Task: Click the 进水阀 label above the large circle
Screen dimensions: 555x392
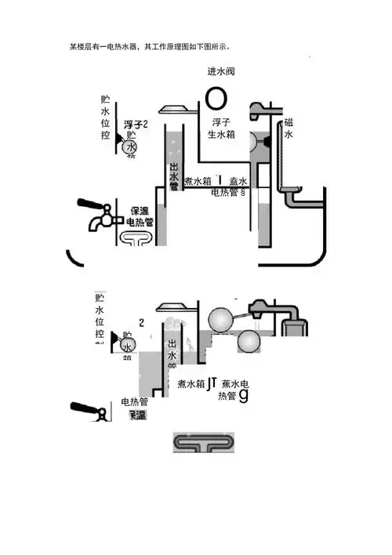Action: [221, 72]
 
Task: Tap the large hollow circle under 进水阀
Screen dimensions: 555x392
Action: [216, 98]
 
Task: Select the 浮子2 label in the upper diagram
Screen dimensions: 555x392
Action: [136, 125]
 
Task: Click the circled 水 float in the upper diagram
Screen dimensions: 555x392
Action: [130, 147]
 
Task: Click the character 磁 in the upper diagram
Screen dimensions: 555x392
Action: [289, 123]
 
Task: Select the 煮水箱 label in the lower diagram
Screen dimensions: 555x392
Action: [191, 385]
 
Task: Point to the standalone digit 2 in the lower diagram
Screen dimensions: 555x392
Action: [141, 322]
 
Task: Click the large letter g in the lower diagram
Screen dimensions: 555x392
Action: [243, 396]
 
